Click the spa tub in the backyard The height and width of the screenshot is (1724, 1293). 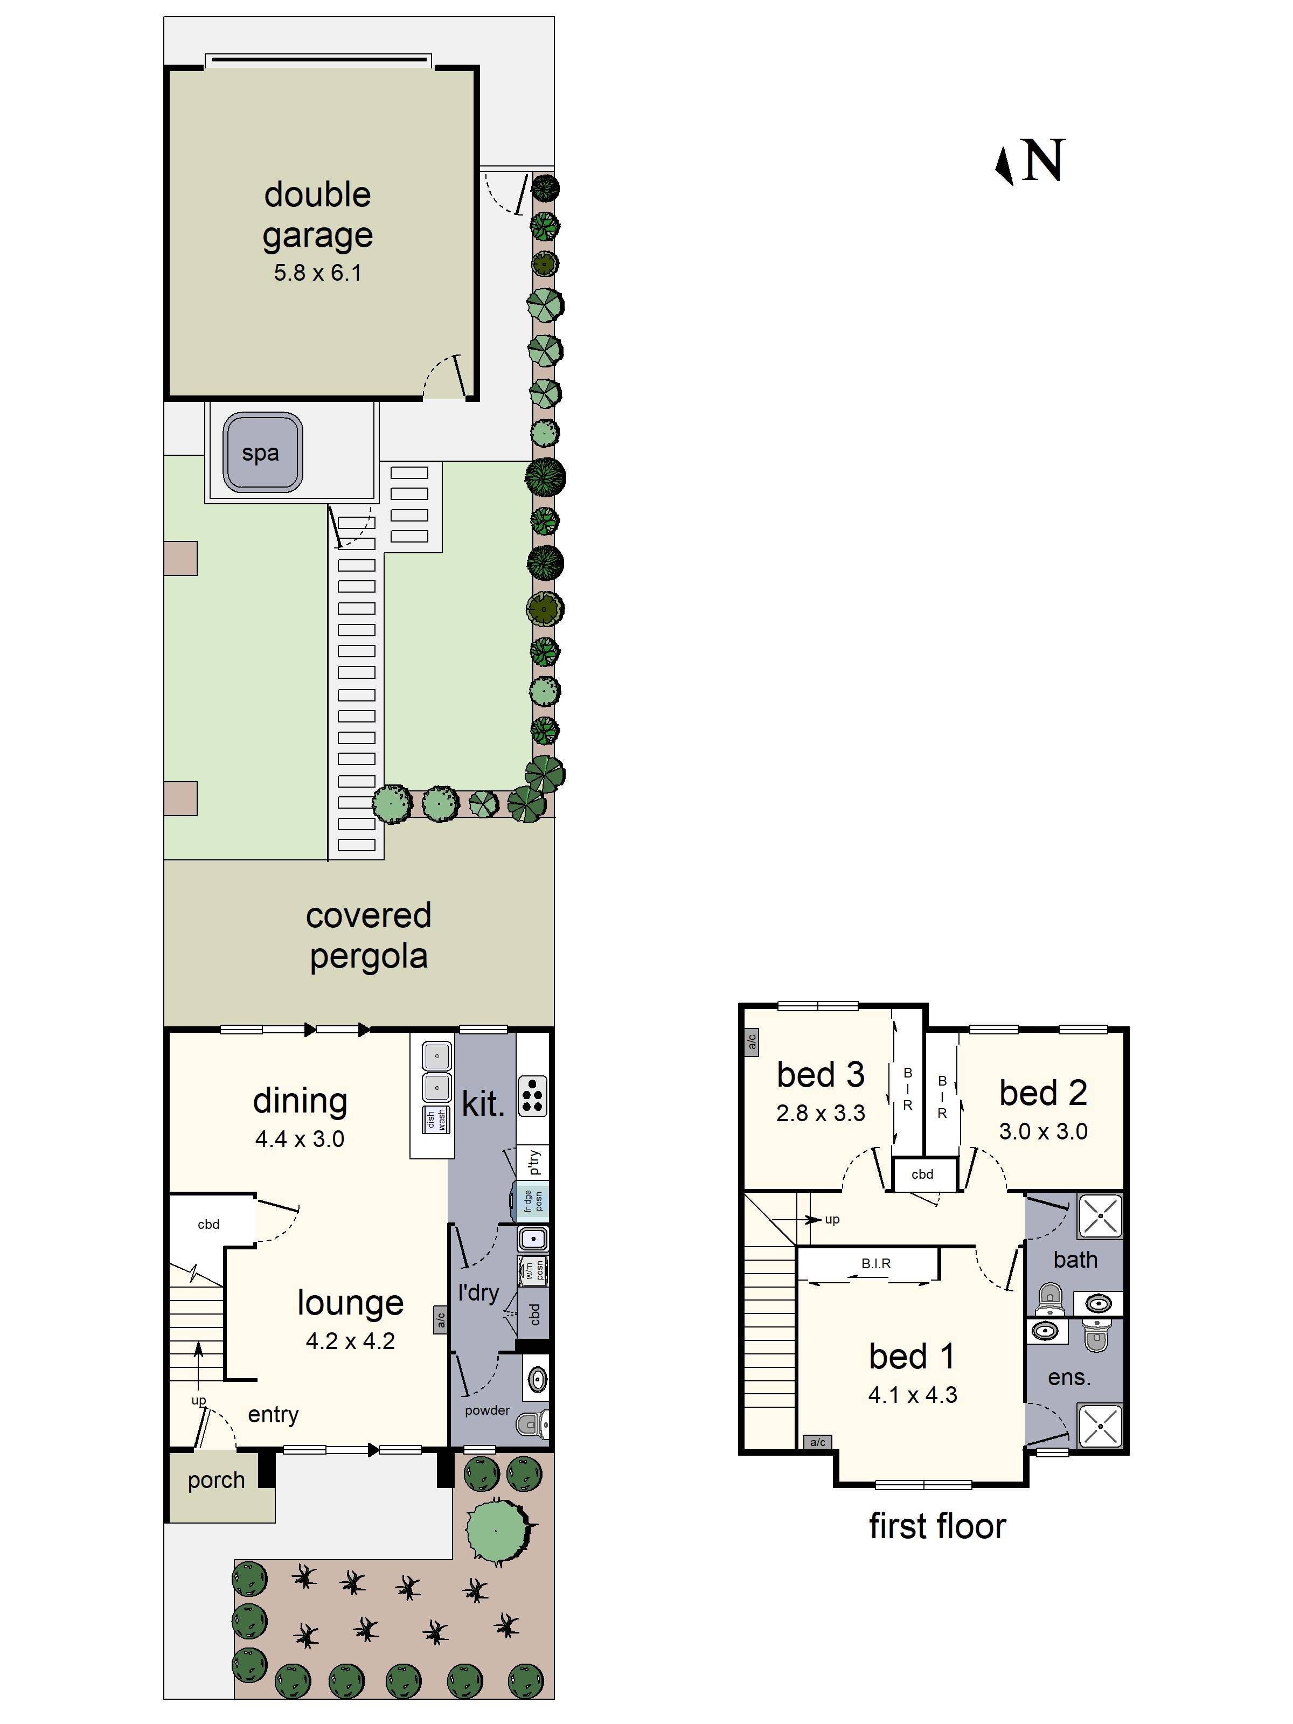(262, 452)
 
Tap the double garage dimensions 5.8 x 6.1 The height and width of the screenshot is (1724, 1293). (317, 273)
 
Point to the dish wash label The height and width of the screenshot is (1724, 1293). (436, 1120)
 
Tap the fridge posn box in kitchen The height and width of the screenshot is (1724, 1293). (532, 1201)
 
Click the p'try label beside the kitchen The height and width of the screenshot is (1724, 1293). (533, 1162)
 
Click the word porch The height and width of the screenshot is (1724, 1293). (216, 1480)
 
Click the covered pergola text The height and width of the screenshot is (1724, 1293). (368, 935)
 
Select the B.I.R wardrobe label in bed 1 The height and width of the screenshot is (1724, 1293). (875, 1263)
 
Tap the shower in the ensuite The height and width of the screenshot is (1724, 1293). (1100, 1426)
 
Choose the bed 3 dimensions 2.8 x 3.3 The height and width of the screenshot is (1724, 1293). (820, 1113)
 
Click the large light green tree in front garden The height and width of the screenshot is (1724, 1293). (497, 1532)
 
